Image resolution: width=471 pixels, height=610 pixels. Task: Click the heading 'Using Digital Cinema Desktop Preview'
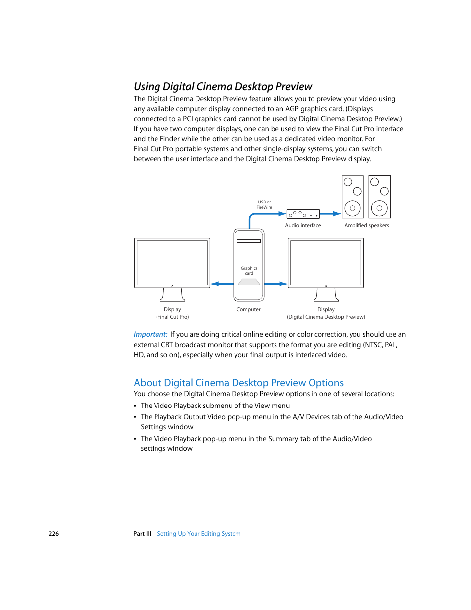223,87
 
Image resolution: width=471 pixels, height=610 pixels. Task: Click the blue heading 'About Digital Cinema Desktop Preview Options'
238,383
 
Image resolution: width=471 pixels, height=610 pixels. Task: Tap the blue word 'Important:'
151,334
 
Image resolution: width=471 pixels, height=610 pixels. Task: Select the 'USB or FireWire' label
264,205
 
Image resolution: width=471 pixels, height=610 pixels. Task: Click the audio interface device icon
303,214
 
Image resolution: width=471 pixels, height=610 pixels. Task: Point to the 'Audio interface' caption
303,225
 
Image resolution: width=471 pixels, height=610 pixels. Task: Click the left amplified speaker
353,197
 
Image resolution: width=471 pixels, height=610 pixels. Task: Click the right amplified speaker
379,197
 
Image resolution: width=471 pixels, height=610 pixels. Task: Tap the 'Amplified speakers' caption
366,225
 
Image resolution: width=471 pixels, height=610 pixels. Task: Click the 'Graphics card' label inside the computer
249,271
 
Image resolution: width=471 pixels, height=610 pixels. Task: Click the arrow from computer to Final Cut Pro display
222,284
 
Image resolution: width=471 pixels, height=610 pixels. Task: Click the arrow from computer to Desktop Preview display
275,284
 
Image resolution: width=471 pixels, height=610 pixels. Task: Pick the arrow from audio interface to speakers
330,214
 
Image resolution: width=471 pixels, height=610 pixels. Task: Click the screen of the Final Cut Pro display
172,262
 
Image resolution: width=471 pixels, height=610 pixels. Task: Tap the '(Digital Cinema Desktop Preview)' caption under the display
326,317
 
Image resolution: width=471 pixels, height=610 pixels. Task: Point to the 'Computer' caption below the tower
248,309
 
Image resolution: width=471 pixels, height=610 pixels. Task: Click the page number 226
53,534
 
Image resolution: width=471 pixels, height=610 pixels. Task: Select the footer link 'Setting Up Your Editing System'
199,534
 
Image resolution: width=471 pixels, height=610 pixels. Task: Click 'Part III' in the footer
142,534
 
